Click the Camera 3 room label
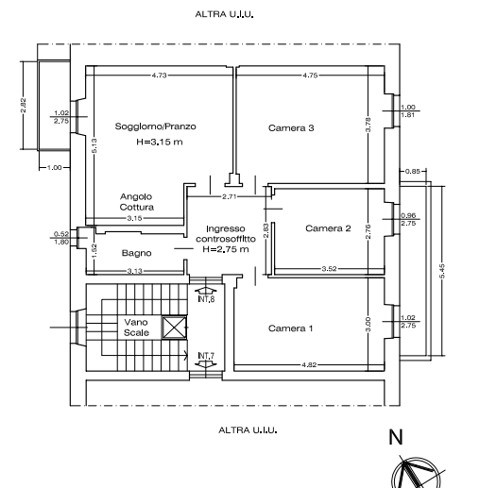(x=291, y=128)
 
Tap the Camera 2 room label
(x=328, y=228)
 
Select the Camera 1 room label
(x=291, y=328)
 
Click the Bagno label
(x=137, y=253)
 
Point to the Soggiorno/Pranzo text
(x=155, y=126)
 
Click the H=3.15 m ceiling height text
(x=160, y=142)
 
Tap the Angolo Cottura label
(x=137, y=202)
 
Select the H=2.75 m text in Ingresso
(x=226, y=249)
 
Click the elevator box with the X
(x=175, y=328)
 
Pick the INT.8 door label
(x=206, y=299)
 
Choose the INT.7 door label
(x=206, y=356)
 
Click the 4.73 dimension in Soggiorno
(x=159, y=76)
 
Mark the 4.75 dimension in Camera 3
(x=310, y=76)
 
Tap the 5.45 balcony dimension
(x=442, y=271)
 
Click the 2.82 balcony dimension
(x=23, y=105)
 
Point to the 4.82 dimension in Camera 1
(x=309, y=364)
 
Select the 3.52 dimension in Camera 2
(x=329, y=269)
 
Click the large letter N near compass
(x=396, y=437)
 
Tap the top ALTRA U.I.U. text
(x=224, y=14)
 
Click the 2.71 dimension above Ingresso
(x=230, y=196)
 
